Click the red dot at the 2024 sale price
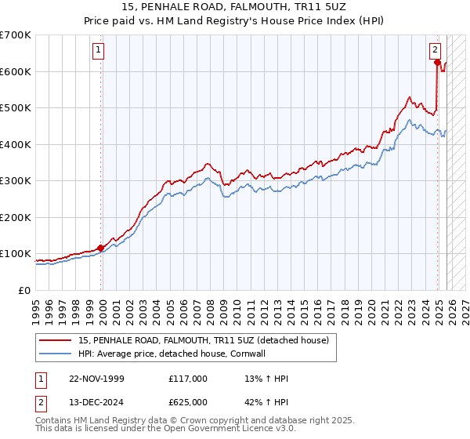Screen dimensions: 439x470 437,63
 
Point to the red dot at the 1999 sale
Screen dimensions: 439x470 101,248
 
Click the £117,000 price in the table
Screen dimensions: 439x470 187,379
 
